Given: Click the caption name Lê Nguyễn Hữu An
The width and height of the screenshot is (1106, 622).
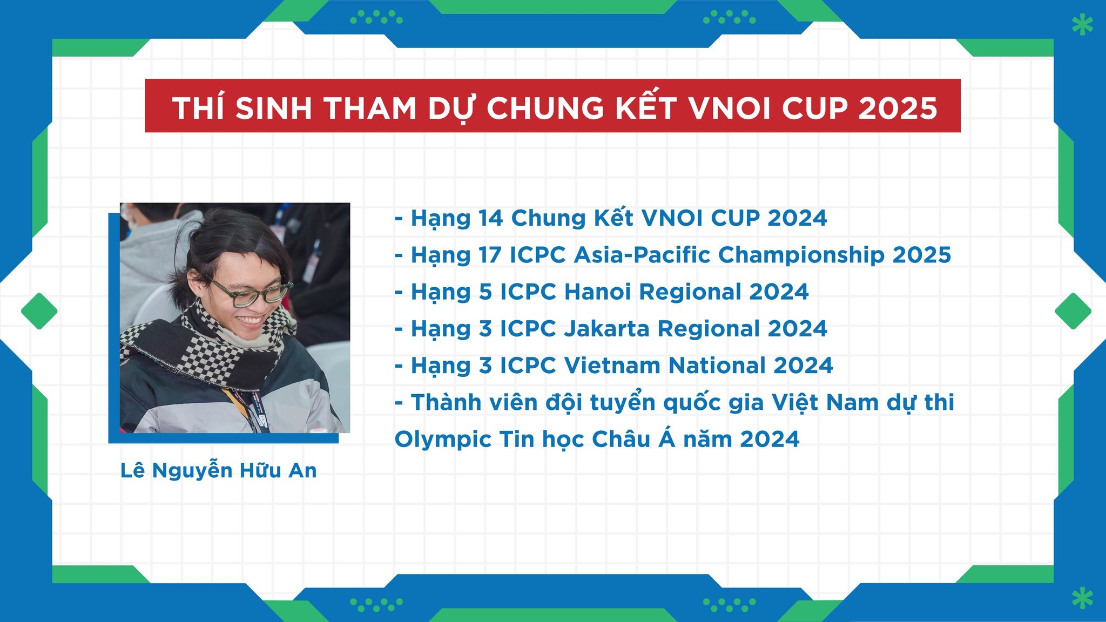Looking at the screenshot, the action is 218,470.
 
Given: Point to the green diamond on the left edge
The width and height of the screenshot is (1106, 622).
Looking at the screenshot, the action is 39,311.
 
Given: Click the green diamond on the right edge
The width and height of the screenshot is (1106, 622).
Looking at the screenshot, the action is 1073,311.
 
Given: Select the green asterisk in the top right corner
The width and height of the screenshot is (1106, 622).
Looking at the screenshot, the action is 1082,25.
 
